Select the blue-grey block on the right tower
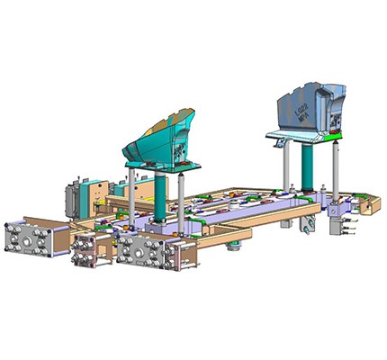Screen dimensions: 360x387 (310, 108)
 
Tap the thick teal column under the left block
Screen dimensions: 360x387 (161, 194)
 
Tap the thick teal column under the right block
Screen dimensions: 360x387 (309, 166)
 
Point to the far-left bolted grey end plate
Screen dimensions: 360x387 (30, 240)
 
